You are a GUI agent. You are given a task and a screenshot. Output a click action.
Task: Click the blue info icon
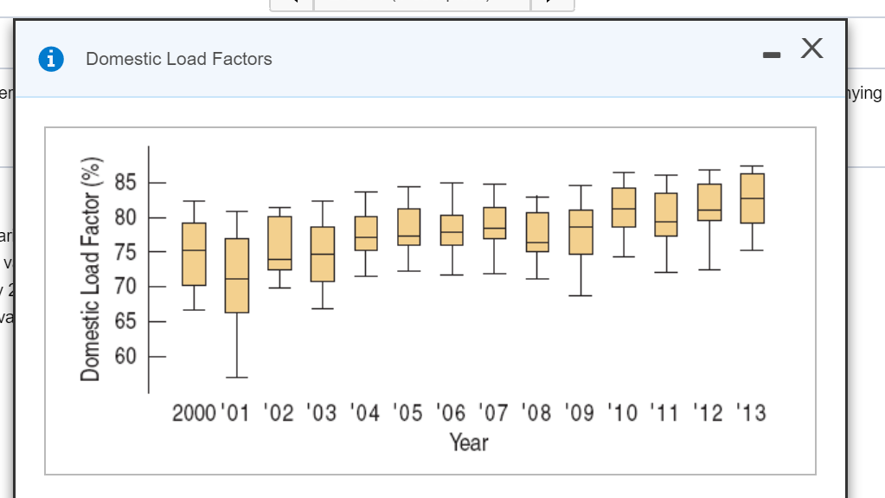pos(54,59)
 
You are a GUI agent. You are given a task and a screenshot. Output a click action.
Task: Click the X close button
pos(811,50)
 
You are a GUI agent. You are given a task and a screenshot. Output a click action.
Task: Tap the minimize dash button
pos(773,56)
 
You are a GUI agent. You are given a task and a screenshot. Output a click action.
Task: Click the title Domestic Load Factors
pos(179,59)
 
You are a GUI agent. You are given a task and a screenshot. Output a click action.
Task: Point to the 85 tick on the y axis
pos(126,183)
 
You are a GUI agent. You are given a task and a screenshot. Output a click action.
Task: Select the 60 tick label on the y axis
pos(126,356)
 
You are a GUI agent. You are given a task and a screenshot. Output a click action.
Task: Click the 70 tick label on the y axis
pos(126,287)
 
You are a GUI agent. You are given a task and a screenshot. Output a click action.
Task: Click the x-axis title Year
pos(469,443)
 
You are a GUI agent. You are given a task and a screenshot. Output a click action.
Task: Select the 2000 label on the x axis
pos(192,412)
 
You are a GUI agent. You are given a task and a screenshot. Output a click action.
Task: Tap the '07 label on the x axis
pos(494,412)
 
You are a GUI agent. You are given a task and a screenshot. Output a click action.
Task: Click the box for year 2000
pos(194,254)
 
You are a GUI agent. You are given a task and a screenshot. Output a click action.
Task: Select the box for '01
pos(236,275)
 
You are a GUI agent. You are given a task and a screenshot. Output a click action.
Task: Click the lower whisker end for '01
pos(236,378)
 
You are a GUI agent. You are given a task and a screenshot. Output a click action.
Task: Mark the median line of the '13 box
pos(752,198)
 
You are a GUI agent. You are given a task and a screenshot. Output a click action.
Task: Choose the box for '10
pos(623,207)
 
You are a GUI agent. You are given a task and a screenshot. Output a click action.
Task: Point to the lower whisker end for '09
pos(580,295)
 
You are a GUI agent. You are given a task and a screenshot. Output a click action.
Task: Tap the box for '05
pos(408,227)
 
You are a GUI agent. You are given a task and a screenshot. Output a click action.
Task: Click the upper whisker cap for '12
pos(709,170)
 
